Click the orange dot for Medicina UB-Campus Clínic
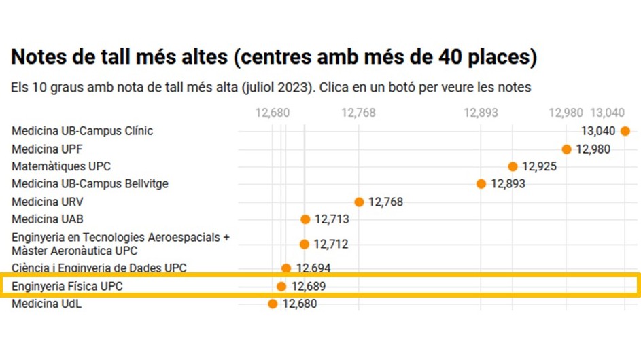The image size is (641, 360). point(625,131)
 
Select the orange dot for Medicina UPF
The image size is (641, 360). point(566,149)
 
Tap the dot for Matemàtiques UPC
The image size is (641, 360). point(513,166)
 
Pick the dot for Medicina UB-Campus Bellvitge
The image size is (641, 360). point(481,184)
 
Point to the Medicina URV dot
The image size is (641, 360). point(359,202)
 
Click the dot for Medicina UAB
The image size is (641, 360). point(305,219)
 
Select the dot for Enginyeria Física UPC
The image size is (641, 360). point(281,287)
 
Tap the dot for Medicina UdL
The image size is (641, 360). point(273,304)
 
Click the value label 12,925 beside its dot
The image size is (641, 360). point(539,166)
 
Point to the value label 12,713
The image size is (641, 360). point(332,219)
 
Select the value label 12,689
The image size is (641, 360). point(309,287)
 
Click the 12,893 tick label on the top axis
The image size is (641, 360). point(481,113)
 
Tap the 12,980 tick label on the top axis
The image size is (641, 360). point(566,113)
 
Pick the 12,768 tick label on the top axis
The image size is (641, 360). point(358,113)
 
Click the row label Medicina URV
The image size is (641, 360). point(48,202)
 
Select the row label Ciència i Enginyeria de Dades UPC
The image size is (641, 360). point(99,268)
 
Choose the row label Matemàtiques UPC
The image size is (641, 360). point(61,166)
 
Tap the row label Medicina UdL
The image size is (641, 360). point(46,304)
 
